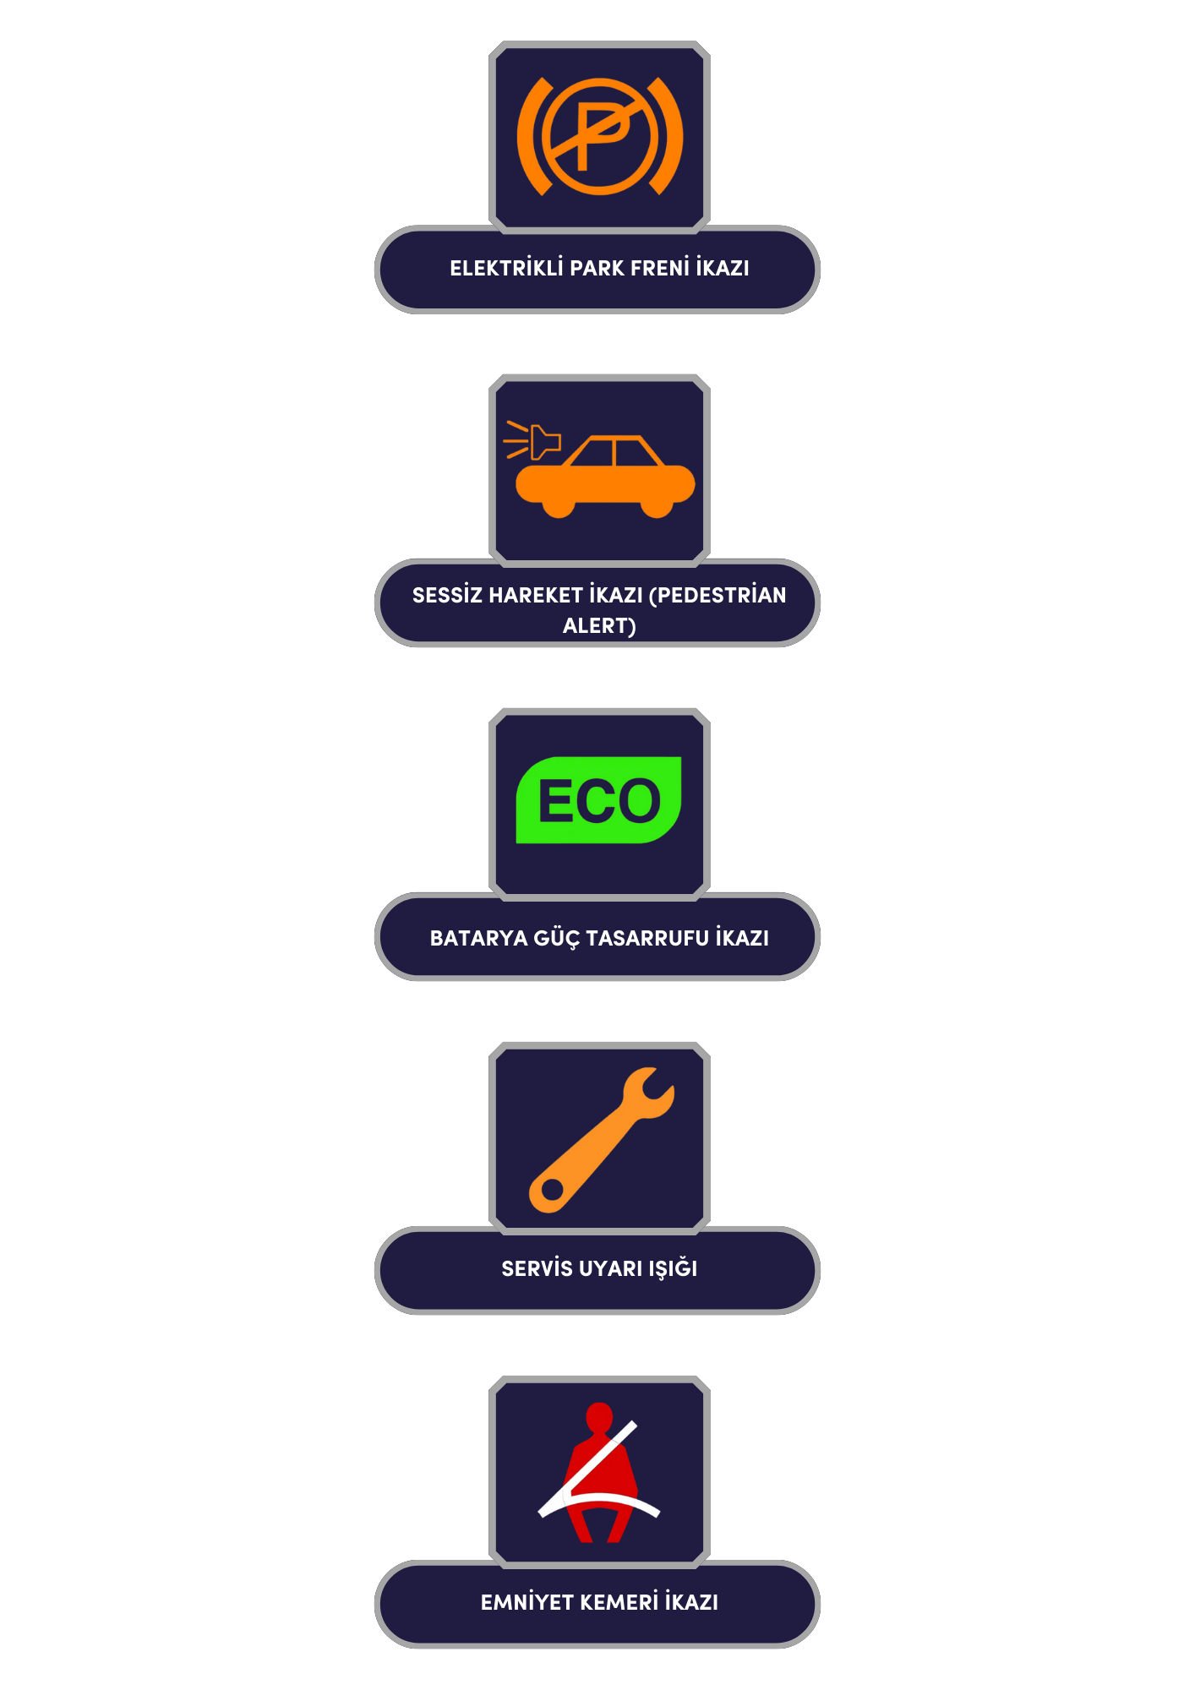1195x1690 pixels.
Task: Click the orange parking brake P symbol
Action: (599, 136)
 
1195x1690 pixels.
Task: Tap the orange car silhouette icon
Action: (605, 477)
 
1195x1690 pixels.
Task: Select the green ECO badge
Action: (598, 799)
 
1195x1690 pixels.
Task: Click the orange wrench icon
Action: (601, 1140)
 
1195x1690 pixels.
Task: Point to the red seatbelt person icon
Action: (599, 1472)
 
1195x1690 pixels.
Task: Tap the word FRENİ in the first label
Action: (660, 268)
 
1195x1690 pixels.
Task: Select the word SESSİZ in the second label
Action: (447, 595)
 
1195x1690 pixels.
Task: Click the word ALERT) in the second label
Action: (599, 625)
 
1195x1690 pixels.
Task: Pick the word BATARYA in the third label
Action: (478, 938)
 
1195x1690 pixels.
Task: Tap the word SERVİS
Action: (537, 1268)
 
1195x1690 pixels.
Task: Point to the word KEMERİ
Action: (619, 1602)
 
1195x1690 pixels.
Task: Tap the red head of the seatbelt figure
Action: (599, 1416)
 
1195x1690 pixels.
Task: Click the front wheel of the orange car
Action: (559, 505)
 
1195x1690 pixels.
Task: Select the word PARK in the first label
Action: (597, 268)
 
